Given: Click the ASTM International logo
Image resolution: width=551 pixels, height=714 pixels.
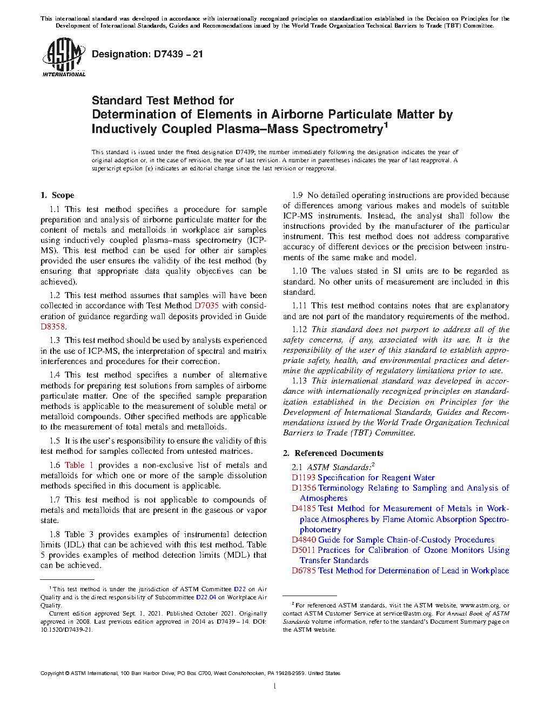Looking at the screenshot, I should click(x=63, y=57).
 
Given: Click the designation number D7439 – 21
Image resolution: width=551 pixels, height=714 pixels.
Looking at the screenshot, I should click(x=179, y=54).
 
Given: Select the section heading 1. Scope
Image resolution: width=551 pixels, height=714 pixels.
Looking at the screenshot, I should click(x=58, y=195).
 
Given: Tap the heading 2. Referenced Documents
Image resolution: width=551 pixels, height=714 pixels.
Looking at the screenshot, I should click(x=333, y=453).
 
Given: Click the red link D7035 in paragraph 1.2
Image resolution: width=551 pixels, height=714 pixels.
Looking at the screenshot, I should click(x=206, y=306).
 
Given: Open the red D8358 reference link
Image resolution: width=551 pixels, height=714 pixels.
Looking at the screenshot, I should click(x=53, y=327).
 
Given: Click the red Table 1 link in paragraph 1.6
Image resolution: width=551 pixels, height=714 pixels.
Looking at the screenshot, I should click(x=79, y=465).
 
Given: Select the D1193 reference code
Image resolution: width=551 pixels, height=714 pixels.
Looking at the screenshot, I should click(x=304, y=478).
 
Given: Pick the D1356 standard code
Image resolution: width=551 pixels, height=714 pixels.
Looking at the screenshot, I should click(x=304, y=488).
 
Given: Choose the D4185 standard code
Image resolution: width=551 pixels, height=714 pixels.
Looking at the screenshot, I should click(x=304, y=508).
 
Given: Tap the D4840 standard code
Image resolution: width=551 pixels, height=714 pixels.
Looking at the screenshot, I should click(x=304, y=540).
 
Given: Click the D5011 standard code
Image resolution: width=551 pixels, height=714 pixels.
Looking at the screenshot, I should click(x=304, y=550).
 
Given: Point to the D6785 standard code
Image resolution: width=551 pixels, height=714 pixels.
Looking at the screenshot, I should click(x=304, y=571).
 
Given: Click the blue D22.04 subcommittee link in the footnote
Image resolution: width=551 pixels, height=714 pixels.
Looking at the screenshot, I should click(x=206, y=597).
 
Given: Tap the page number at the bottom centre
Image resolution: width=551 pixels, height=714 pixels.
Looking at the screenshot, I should click(x=275, y=686).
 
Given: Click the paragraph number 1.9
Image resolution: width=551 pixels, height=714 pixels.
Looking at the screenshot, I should click(x=298, y=195).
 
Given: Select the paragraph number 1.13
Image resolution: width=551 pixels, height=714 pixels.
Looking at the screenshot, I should click(x=300, y=381).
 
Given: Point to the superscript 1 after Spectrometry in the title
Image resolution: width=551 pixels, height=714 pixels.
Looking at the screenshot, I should click(x=386, y=125).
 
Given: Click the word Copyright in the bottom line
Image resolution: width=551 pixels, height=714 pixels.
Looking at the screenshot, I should click(x=52, y=673).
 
